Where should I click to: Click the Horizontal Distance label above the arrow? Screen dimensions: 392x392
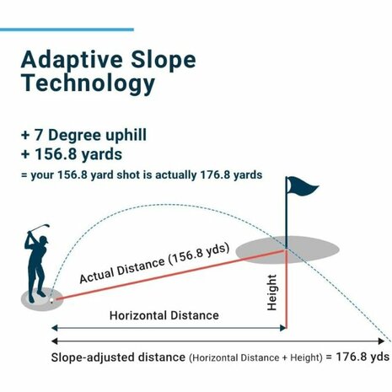164,315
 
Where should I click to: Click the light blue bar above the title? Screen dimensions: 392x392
67,30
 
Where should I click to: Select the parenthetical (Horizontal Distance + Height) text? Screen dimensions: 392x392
255,358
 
